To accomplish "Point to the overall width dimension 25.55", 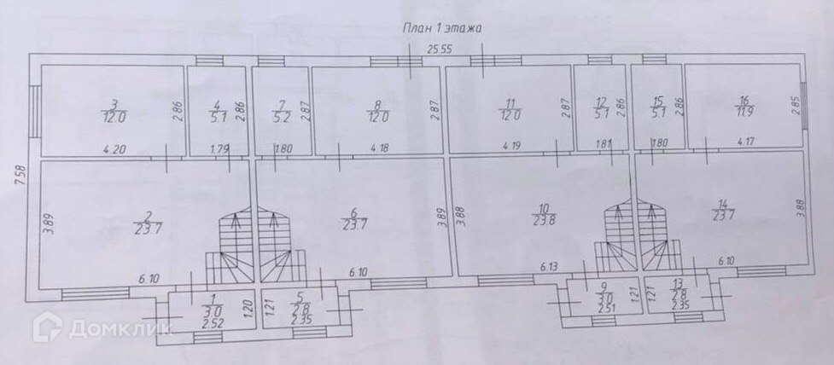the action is pyautogui.click(x=440, y=49).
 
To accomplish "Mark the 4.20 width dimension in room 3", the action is pyautogui.click(x=115, y=151).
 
